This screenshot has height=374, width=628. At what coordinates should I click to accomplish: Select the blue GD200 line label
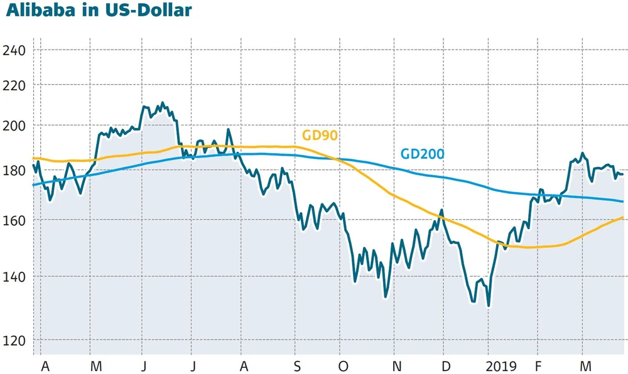click(x=422, y=154)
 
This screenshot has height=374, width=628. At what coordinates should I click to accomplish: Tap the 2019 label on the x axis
click(x=501, y=365)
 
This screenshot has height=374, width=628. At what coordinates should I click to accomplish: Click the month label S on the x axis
click(x=296, y=365)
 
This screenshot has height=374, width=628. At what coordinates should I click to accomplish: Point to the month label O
click(x=343, y=365)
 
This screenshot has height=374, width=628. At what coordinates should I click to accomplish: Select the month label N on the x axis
click(x=396, y=365)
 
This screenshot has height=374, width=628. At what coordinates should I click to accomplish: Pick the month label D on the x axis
click(x=445, y=365)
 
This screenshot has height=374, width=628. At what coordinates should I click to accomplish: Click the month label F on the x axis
click(x=538, y=365)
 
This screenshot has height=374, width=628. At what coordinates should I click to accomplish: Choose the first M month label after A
click(x=96, y=365)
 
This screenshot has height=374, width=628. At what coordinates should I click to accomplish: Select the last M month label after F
click(x=586, y=365)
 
